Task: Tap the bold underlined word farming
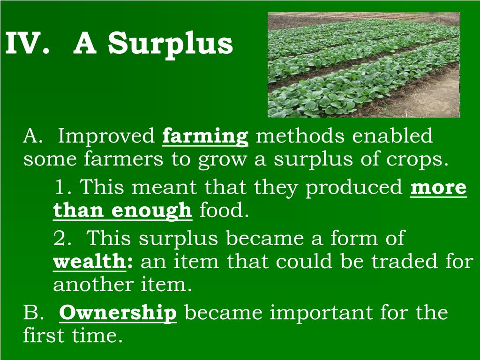click(205, 137)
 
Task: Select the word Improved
click(107, 137)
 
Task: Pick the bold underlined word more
click(438, 187)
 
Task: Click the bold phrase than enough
click(122, 211)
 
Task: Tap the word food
click(224, 211)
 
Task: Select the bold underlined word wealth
click(90, 262)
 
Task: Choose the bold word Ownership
click(118, 313)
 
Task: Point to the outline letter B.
click(33, 313)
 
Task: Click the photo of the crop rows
click(364, 65)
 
